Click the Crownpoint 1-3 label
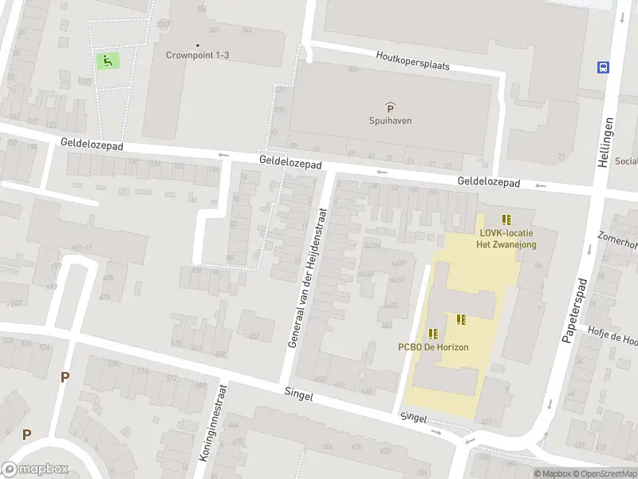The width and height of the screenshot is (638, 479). tap(198, 55)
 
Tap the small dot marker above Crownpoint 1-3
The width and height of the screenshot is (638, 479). tap(198, 45)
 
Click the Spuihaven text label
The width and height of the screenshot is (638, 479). tap(390, 121)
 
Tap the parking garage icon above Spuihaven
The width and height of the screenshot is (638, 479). tap(390, 108)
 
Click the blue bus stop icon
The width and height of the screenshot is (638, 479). tap(603, 67)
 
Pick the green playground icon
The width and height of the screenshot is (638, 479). tap(107, 59)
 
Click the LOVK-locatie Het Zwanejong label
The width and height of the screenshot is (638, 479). tap(507, 239)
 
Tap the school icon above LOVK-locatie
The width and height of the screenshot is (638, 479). tap(506, 220)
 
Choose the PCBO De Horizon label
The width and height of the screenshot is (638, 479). tap(433, 347)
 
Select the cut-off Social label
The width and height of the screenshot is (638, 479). tap(626, 161)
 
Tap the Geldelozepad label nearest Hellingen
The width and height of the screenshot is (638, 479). tap(488, 183)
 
